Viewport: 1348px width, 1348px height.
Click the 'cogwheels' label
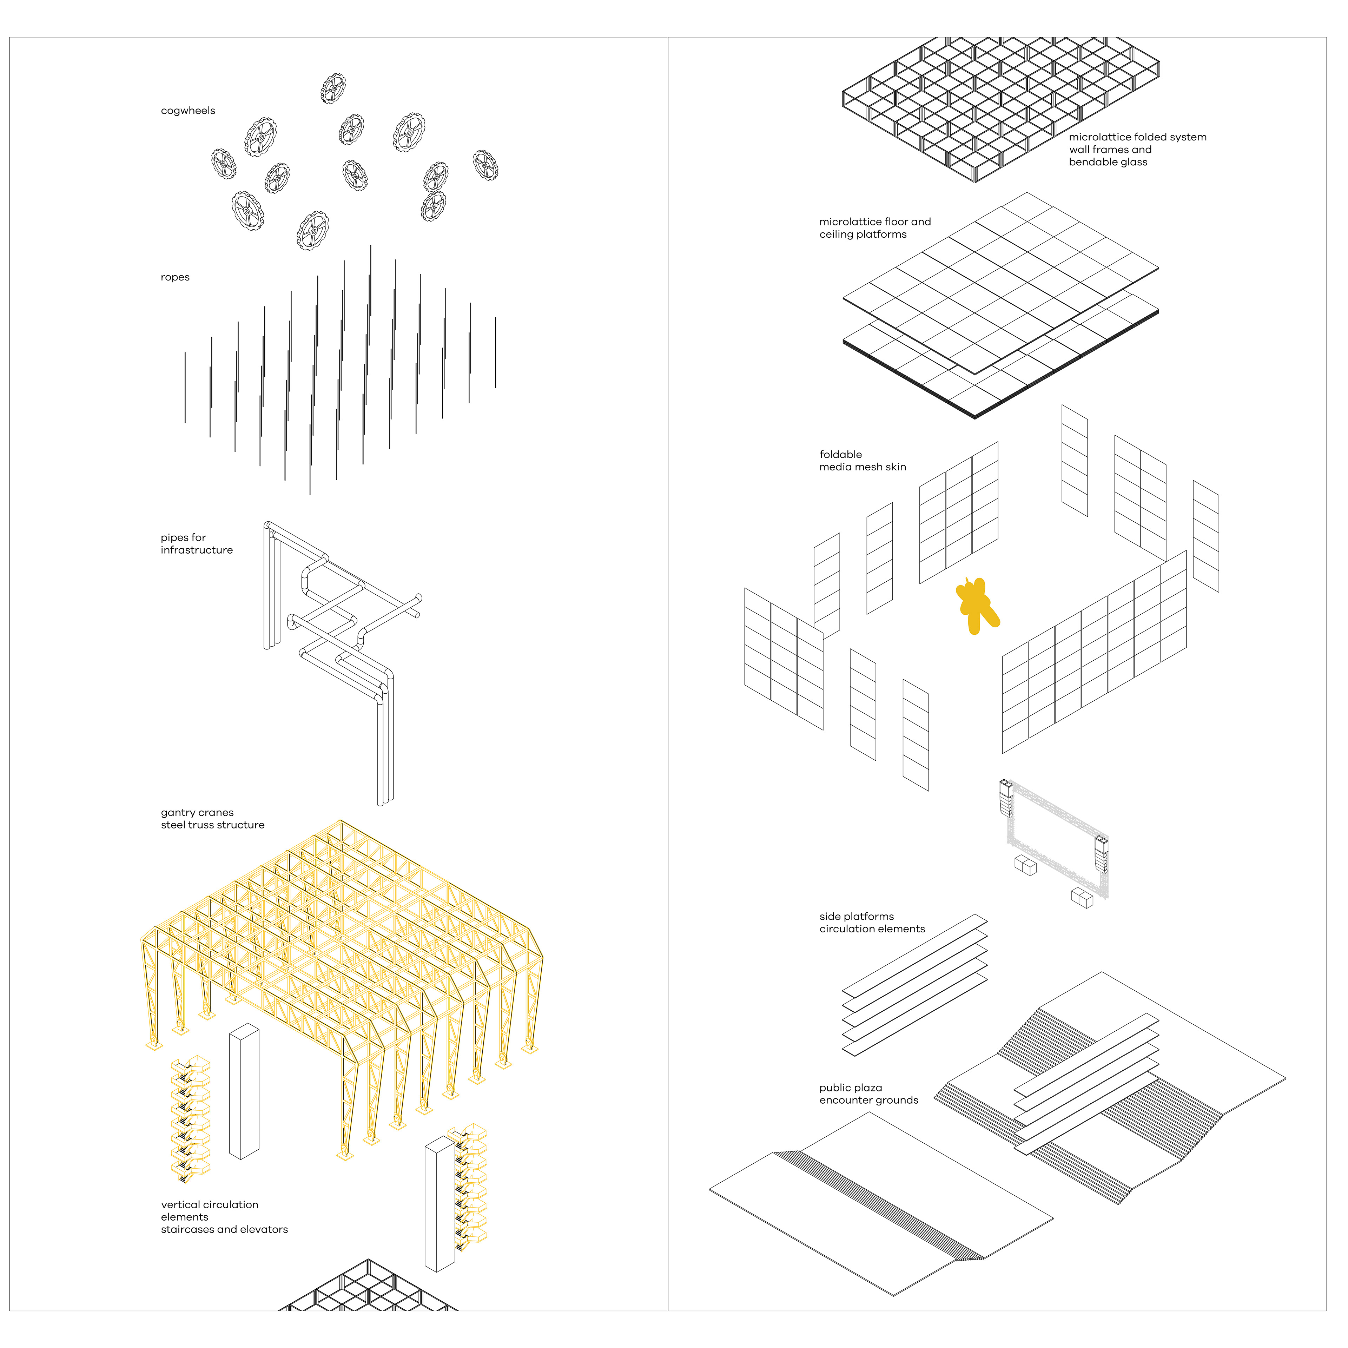[188, 111]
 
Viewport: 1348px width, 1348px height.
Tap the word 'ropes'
[175, 278]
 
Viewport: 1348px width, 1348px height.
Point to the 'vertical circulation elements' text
[209, 1211]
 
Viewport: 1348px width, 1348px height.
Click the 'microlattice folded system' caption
[1137, 138]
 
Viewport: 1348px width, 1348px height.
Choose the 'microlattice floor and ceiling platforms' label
[875, 228]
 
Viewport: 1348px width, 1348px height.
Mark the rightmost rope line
[495, 352]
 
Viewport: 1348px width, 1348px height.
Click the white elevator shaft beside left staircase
[244, 1092]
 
